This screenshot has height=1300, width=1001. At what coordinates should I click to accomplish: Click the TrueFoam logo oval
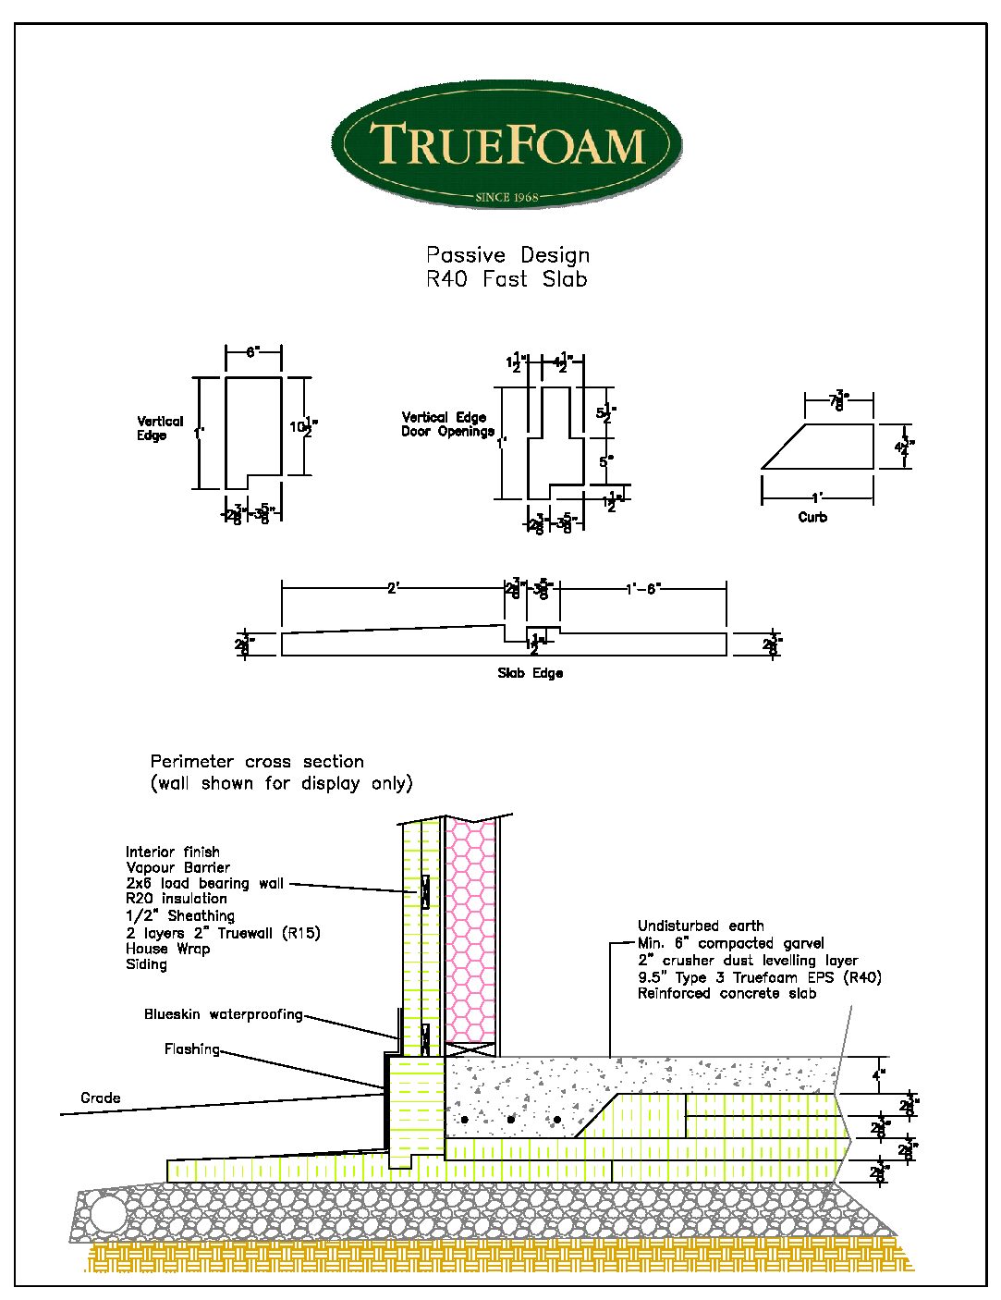[507, 144]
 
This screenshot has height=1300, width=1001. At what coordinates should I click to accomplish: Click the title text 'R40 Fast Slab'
[507, 279]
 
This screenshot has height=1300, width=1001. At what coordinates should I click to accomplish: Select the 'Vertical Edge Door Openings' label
[447, 424]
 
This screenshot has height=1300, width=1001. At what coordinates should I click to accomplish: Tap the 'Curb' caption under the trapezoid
[812, 517]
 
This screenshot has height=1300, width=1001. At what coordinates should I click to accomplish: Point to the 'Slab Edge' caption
[530, 673]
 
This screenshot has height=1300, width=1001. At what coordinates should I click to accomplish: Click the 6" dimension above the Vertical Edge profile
[253, 352]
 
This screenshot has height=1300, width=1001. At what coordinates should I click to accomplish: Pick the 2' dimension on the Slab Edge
[393, 588]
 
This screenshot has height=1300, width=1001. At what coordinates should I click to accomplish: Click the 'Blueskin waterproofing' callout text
[223, 1014]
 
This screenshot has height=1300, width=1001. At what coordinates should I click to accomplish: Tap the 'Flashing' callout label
[192, 1049]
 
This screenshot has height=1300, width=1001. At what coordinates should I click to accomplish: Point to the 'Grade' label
[100, 1098]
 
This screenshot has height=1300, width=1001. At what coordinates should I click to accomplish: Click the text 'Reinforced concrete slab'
[726, 993]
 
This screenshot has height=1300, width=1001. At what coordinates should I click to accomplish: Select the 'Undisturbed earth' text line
[701, 926]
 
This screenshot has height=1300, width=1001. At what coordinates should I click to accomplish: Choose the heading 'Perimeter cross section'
[257, 762]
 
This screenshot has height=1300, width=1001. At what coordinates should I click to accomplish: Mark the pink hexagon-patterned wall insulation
[470, 934]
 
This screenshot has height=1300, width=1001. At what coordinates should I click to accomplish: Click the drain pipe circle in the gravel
[107, 1213]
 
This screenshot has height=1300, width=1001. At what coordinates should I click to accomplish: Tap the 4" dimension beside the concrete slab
[878, 1074]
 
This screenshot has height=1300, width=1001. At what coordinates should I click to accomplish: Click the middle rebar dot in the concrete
[511, 1120]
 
